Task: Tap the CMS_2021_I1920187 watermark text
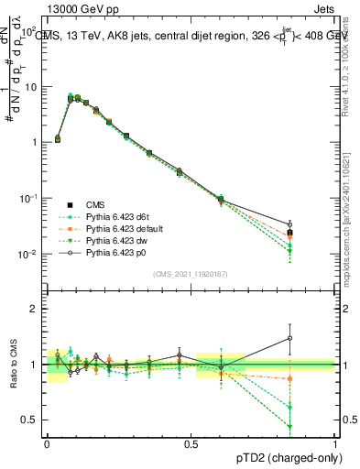pos(191,274)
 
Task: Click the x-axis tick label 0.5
pos(191,442)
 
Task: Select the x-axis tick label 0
pos(47,442)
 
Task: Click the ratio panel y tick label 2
pos(36,309)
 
